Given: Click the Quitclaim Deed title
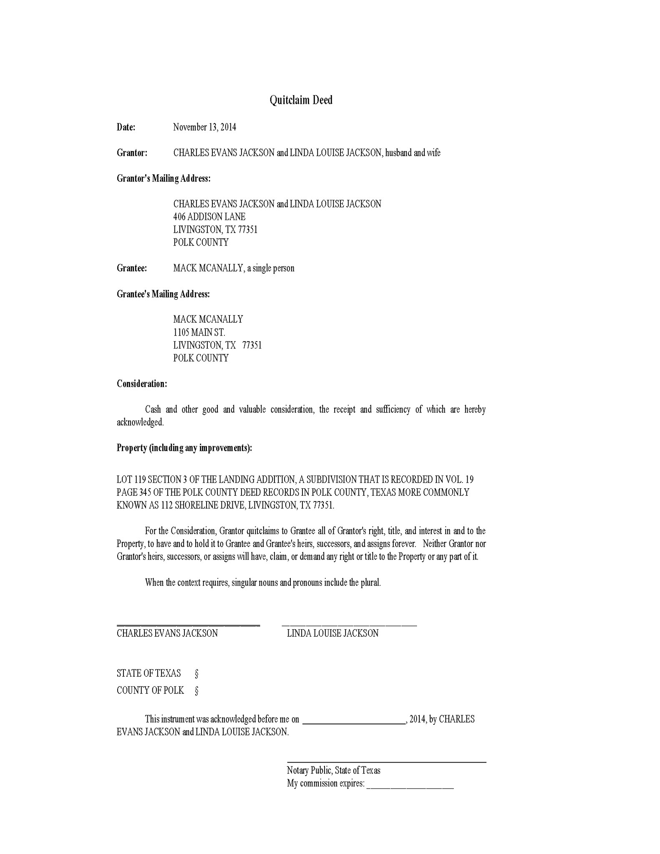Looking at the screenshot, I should coord(301,100).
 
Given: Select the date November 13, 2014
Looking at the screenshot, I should coord(204,127).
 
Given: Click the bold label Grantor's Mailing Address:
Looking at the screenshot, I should coord(164,178).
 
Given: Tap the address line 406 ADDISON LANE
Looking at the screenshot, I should coord(209,217).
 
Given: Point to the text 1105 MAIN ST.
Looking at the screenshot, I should coord(199,332).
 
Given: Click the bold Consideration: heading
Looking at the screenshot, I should coord(142,384).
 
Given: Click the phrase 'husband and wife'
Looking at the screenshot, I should coord(413,153).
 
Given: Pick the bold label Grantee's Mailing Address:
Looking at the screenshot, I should coord(163,294).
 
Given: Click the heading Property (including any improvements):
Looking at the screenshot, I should coord(184,448).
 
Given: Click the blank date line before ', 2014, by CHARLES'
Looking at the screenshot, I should coord(354,724).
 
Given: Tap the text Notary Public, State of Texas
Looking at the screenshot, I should coord(333,770).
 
